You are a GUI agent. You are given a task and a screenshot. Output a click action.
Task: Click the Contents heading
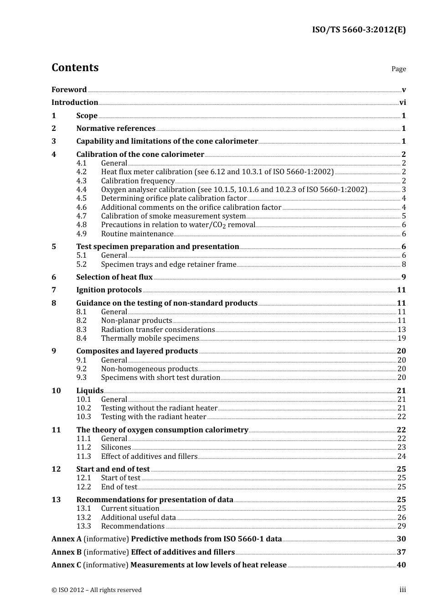click(x=75, y=68)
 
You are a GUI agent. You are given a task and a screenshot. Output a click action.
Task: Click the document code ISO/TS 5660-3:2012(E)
click(x=359, y=30)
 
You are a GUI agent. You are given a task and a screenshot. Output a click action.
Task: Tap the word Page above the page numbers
click(x=398, y=69)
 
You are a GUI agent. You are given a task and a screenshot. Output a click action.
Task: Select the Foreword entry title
click(x=69, y=90)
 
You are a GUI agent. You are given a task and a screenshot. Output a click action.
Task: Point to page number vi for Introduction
click(x=402, y=103)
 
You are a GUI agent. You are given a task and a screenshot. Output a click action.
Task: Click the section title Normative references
click(x=116, y=129)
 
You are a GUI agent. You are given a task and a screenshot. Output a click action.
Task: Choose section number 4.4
click(x=81, y=190)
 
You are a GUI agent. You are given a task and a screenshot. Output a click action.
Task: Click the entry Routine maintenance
click(x=137, y=234)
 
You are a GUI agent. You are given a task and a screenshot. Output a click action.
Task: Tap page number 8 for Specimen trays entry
click(x=404, y=265)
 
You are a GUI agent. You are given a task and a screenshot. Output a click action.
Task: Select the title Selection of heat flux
click(x=114, y=277)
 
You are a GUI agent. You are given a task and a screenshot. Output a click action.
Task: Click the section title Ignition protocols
click(x=109, y=290)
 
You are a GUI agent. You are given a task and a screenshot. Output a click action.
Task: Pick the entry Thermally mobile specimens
click(x=150, y=338)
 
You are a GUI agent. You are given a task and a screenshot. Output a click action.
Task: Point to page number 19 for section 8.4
click(x=402, y=338)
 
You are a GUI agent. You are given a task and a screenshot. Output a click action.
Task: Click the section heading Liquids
click(x=90, y=391)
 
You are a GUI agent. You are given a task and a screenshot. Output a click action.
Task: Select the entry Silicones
click(x=116, y=447)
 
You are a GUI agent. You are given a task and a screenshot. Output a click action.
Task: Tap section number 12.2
click(x=83, y=487)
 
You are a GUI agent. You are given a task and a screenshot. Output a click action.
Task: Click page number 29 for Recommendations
click(x=402, y=526)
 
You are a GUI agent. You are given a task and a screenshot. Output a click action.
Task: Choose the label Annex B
click(x=67, y=552)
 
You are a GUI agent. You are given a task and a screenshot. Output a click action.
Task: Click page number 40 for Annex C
click(x=401, y=565)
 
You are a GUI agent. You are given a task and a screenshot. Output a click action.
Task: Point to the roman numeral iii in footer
click(x=402, y=590)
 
